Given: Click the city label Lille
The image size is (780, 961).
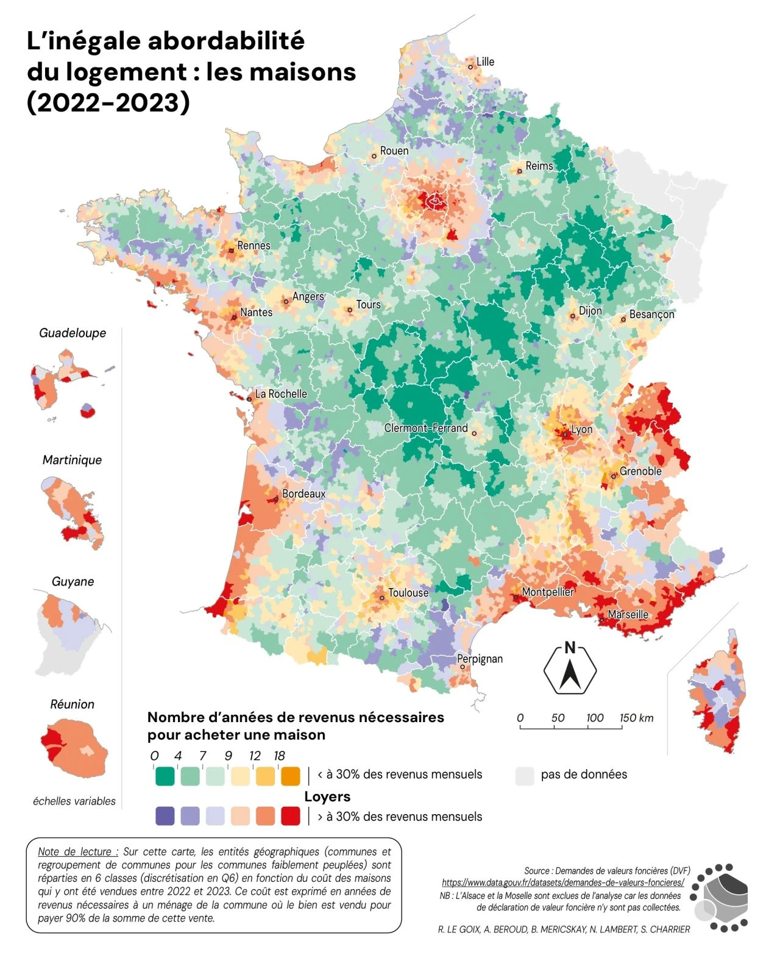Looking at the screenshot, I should click(x=485, y=62).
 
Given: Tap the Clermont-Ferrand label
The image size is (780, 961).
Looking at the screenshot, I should click(x=425, y=428).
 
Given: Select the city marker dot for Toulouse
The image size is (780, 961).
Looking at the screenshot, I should click(x=382, y=598).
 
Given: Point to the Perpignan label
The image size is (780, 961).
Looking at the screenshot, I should click(x=480, y=659).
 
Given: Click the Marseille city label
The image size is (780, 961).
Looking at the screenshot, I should click(x=628, y=614).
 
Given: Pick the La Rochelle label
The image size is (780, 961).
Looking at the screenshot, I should click(x=280, y=394).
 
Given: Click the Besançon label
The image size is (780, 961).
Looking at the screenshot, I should click(x=651, y=314).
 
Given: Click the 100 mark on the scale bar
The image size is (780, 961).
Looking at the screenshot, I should click(x=595, y=718).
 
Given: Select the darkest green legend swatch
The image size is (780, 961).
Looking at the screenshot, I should click(x=165, y=776).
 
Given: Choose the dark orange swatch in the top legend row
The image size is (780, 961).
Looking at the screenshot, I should click(x=291, y=776).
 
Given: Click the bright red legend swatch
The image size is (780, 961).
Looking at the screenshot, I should click(x=291, y=816).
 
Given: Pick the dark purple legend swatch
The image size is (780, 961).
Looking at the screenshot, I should click(x=165, y=816).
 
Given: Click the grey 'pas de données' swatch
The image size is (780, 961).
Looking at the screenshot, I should click(x=524, y=776).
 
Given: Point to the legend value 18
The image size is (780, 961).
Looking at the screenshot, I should click(x=279, y=756).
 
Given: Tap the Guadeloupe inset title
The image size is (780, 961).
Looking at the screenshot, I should click(x=73, y=333).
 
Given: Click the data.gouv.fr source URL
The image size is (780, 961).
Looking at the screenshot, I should click(x=562, y=882).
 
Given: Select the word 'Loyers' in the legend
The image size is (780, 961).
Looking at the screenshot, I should click(x=327, y=796).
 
